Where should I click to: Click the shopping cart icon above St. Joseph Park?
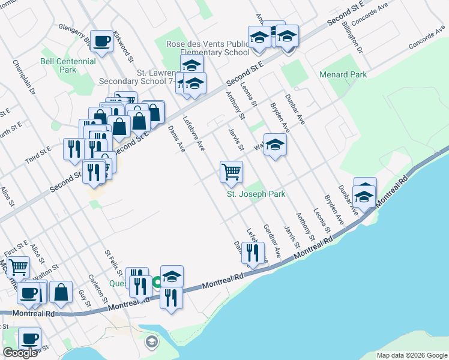tap(231, 172)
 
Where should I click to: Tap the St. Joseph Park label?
tap(256, 194)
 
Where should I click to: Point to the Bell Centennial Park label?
tap(68, 65)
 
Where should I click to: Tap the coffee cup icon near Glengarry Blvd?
tap(101, 41)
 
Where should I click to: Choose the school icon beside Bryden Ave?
tap(275, 145)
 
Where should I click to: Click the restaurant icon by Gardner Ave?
tap(253, 251)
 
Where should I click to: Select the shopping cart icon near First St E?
tap(18, 266)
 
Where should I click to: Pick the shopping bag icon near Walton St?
tap(61, 292)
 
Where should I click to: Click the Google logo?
tap(20, 353)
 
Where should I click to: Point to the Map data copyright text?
tap(411, 355)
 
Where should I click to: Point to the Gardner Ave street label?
tap(273, 242)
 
